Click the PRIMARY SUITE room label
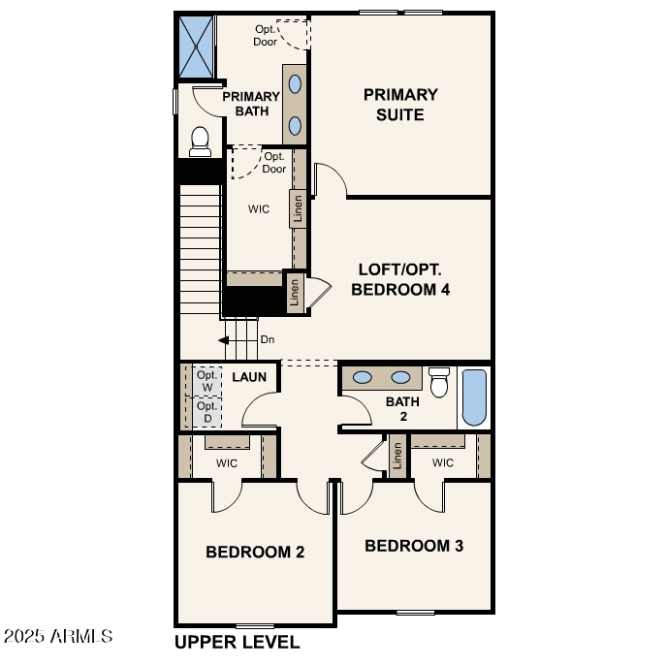[x=400, y=105]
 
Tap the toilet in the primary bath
[x=201, y=142]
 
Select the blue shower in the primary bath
[x=196, y=46]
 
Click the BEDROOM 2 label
[x=255, y=552]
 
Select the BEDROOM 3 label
[x=414, y=546]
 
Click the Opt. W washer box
[x=206, y=381]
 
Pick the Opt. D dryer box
[x=206, y=413]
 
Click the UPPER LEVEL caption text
[x=237, y=642]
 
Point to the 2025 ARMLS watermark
[x=58, y=637]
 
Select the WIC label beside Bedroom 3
[x=443, y=463]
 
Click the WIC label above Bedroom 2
[x=227, y=463]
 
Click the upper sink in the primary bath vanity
[x=295, y=83]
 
